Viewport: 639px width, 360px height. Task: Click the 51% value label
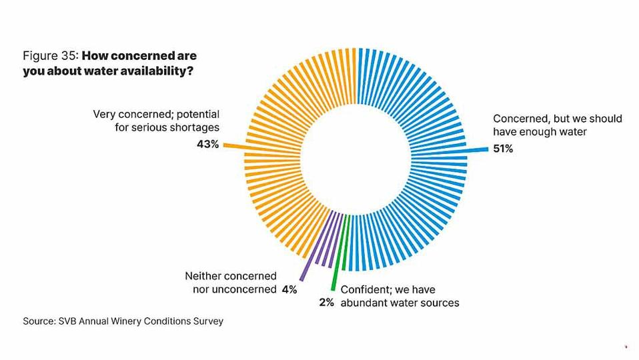503,149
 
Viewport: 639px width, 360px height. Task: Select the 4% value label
289,289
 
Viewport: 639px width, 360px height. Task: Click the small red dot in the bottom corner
626,346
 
